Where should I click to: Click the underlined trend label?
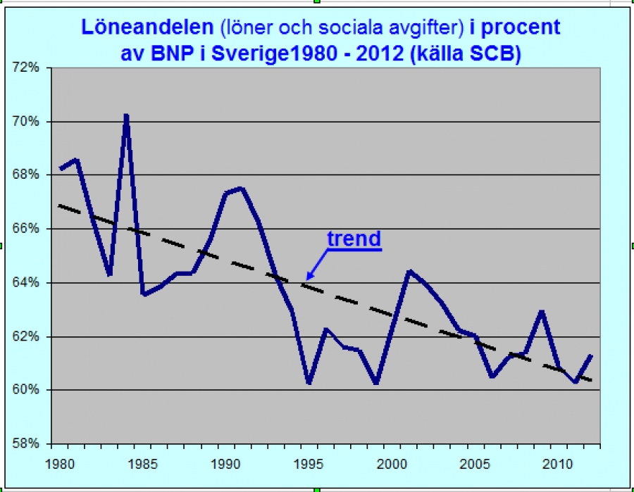[354, 239]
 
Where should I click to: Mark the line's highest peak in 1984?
[126, 115]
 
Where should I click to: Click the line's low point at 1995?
[309, 383]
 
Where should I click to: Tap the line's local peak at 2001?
[409, 270]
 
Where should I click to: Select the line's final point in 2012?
[591, 356]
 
